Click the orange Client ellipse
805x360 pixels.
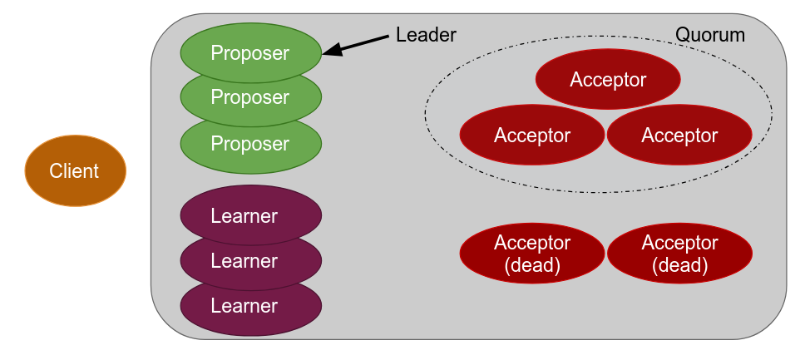[x=75, y=170]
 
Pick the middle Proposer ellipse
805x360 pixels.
[x=250, y=97]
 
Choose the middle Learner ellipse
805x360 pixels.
[x=250, y=261]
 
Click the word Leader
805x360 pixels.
[x=426, y=35]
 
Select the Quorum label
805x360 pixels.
[x=709, y=35]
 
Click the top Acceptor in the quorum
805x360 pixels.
[x=608, y=80]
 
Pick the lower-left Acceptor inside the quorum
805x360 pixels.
[x=532, y=135]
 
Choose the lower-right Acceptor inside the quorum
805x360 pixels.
[x=679, y=135]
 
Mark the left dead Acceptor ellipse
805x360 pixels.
[x=532, y=254]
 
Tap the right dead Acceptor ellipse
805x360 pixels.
[x=679, y=254]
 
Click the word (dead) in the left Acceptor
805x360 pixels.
[x=532, y=266]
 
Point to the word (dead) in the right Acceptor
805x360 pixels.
[x=679, y=266]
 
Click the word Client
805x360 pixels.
[x=74, y=171]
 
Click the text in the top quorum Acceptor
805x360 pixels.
[x=608, y=80]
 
